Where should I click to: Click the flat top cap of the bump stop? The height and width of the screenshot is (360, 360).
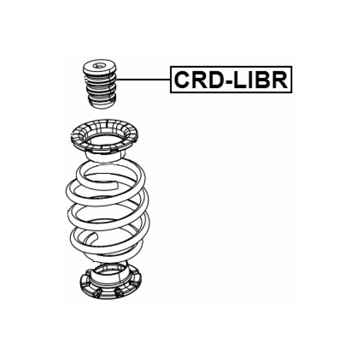pyautogui.click(x=98, y=67)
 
